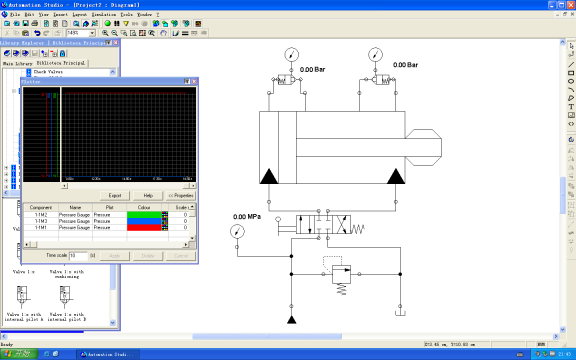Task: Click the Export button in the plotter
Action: point(115,195)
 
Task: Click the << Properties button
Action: point(181,195)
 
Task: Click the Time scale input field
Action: point(78,256)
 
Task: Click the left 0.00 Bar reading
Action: point(313,70)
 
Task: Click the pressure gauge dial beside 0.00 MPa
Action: point(237,231)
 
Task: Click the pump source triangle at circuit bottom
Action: point(291,319)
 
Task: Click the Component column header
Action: point(40,207)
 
